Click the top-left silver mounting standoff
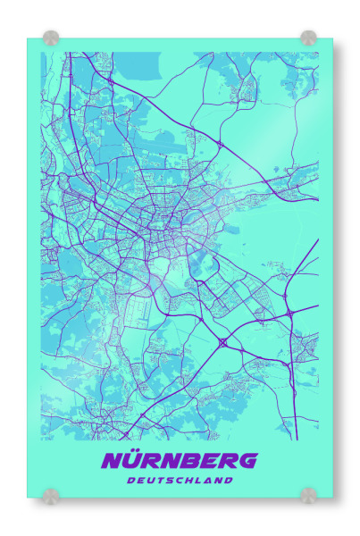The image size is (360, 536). tap(52, 38)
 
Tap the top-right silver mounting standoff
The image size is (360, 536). tap(308, 38)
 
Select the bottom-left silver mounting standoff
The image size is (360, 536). tap(52, 495)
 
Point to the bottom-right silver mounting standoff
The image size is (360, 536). tap(308, 495)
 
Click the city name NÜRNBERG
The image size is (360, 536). tap(180, 461)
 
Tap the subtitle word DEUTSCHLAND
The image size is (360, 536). tap(180, 481)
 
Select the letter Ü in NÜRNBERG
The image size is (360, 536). tap(132, 461)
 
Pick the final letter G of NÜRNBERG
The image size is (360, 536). tap(247, 461)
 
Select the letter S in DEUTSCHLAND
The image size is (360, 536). tap(171, 481)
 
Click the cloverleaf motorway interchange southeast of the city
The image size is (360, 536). tap(222, 342)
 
